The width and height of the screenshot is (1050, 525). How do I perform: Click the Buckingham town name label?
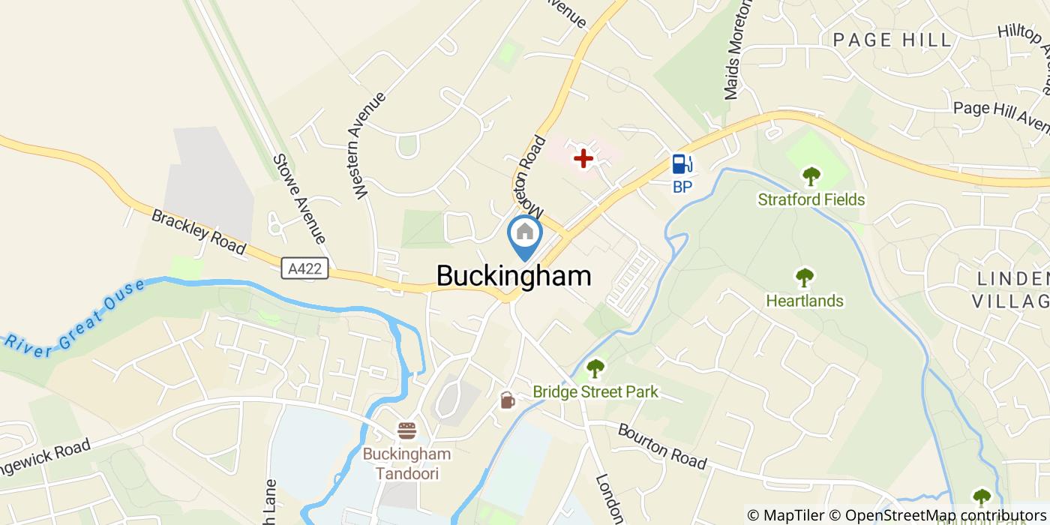(x=514, y=276)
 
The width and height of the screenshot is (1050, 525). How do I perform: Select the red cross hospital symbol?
(x=583, y=158)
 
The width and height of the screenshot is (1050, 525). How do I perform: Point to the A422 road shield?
(x=306, y=268)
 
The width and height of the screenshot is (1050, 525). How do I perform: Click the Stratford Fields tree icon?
(x=811, y=177)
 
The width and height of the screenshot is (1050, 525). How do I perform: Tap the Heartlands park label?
(x=805, y=301)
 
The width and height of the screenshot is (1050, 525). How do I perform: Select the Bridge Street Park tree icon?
(x=595, y=368)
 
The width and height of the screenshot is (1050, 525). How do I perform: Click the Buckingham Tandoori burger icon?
(x=406, y=430)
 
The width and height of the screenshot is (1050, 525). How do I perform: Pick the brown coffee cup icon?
(x=508, y=400)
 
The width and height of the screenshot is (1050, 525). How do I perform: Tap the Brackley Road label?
(x=199, y=231)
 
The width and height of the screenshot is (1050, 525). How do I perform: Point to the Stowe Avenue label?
(x=299, y=199)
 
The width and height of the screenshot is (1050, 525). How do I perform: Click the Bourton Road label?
(x=661, y=446)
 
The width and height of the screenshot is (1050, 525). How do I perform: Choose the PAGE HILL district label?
(x=892, y=40)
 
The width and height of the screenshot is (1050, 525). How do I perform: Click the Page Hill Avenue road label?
(x=1001, y=115)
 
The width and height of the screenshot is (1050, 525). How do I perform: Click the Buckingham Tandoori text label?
(x=407, y=463)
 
